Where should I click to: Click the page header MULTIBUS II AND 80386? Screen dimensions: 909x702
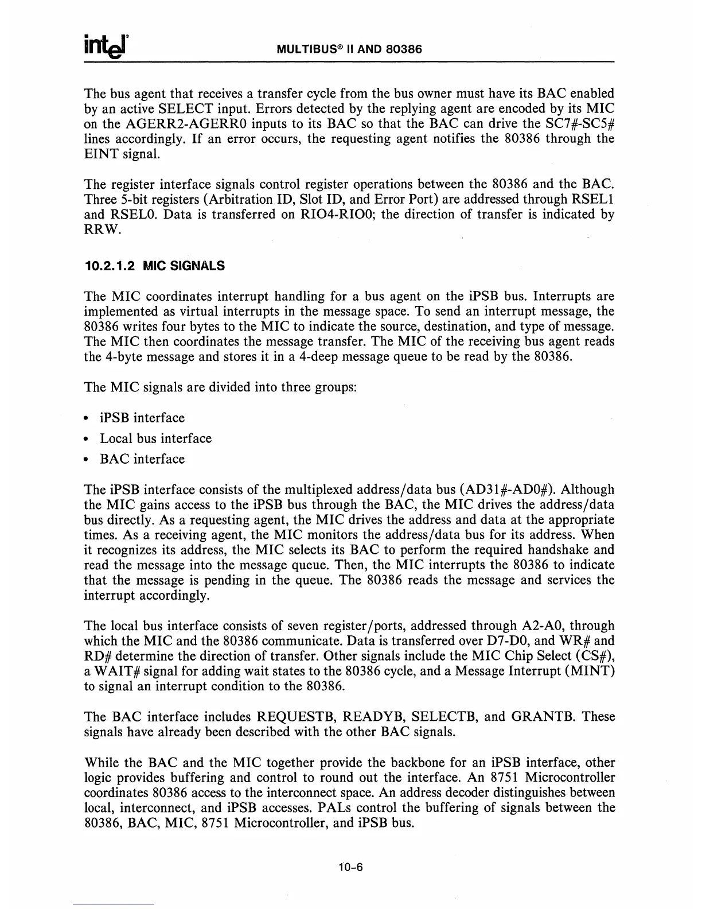pyautogui.click(x=349, y=49)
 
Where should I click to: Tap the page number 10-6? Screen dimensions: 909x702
pyautogui.click(x=350, y=867)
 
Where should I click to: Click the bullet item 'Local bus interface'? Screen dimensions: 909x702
pyautogui.click(x=155, y=438)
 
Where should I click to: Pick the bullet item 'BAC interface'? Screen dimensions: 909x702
pyautogui.click(x=142, y=459)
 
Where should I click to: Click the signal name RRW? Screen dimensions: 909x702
pyautogui.click(x=99, y=230)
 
